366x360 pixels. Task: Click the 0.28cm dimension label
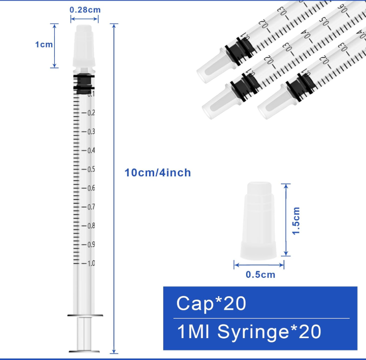pyautogui.click(x=84, y=9)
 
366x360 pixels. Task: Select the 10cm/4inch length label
pyautogui.click(x=158, y=173)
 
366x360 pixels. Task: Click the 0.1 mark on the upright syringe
pyautogui.click(x=91, y=94)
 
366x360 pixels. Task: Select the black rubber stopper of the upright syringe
pyautogui.click(x=84, y=83)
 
